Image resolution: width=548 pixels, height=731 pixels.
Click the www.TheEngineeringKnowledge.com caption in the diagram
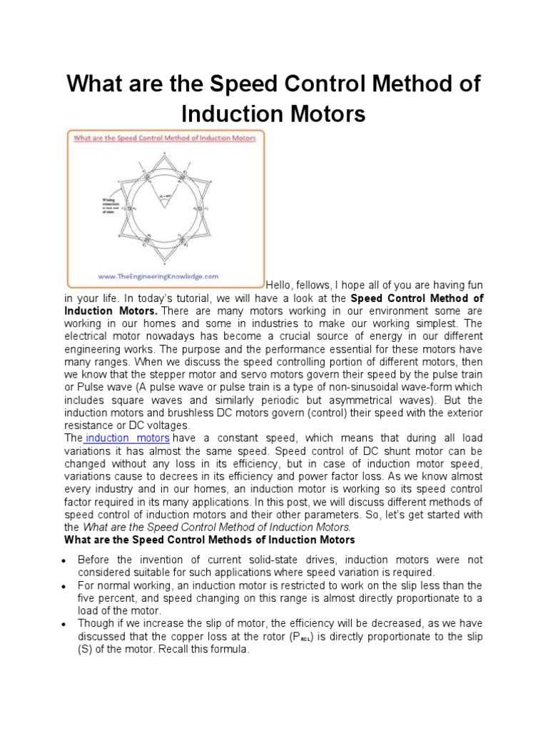pyautogui.click(x=164, y=275)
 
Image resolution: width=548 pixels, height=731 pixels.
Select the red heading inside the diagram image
pyautogui.click(x=164, y=138)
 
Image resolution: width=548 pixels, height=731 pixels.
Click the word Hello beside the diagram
pyautogui.click(x=280, y=284)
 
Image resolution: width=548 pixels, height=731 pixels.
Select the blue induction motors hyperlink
pyautogui.click(x=127, y=438)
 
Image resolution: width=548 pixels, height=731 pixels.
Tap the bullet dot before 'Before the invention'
pyautogui.click(x=66, y=560)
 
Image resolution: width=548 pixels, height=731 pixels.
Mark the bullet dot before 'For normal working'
pyautogui.click(x=66, y=585)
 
